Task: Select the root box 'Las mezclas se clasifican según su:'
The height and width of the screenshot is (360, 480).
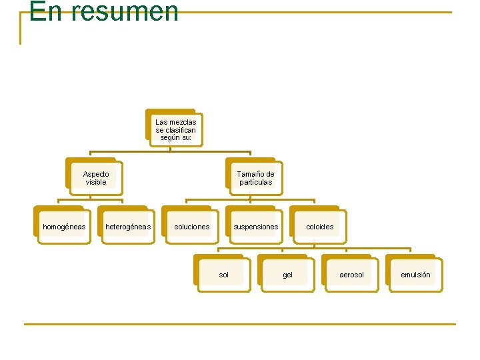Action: pyautogui.click(x=175, y=129)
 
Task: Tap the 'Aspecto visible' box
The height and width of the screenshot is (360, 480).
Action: pyautogui.click(x=95, y=178)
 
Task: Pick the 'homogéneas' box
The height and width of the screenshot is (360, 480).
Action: pyautogui.click(x=64, y=227)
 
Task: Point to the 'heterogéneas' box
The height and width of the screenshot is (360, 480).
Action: pyautogui.click(x=128, y=227)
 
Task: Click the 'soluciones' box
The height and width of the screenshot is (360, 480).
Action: pyautogui.click(x=192, y=227)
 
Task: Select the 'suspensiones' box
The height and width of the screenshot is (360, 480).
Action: pyautogui.click(x=256, y=227)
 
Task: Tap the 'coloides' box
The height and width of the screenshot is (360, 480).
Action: pyautogui.click(x=320, y=227)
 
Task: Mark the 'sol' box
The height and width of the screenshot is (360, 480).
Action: pyautogui.click(x=224, y=275)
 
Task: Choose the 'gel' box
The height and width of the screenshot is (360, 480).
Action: pyautogui.click(x=288, y=275)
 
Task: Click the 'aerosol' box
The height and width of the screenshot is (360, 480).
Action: pyautogui.click(x=352, y=275)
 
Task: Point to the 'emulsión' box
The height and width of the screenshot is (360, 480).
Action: pyautogui.click(x=416, y=275)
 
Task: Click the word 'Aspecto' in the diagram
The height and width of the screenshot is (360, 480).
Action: pyautogui.click(x=96, y=174)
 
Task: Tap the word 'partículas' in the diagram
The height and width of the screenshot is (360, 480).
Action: pyautogui.click(x=256, y=182)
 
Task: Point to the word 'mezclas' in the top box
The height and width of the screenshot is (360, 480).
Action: pyautogui.click(x=183, y=122)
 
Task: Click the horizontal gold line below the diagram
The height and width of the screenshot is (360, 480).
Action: pyautogui.click(x=240, y=324)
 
